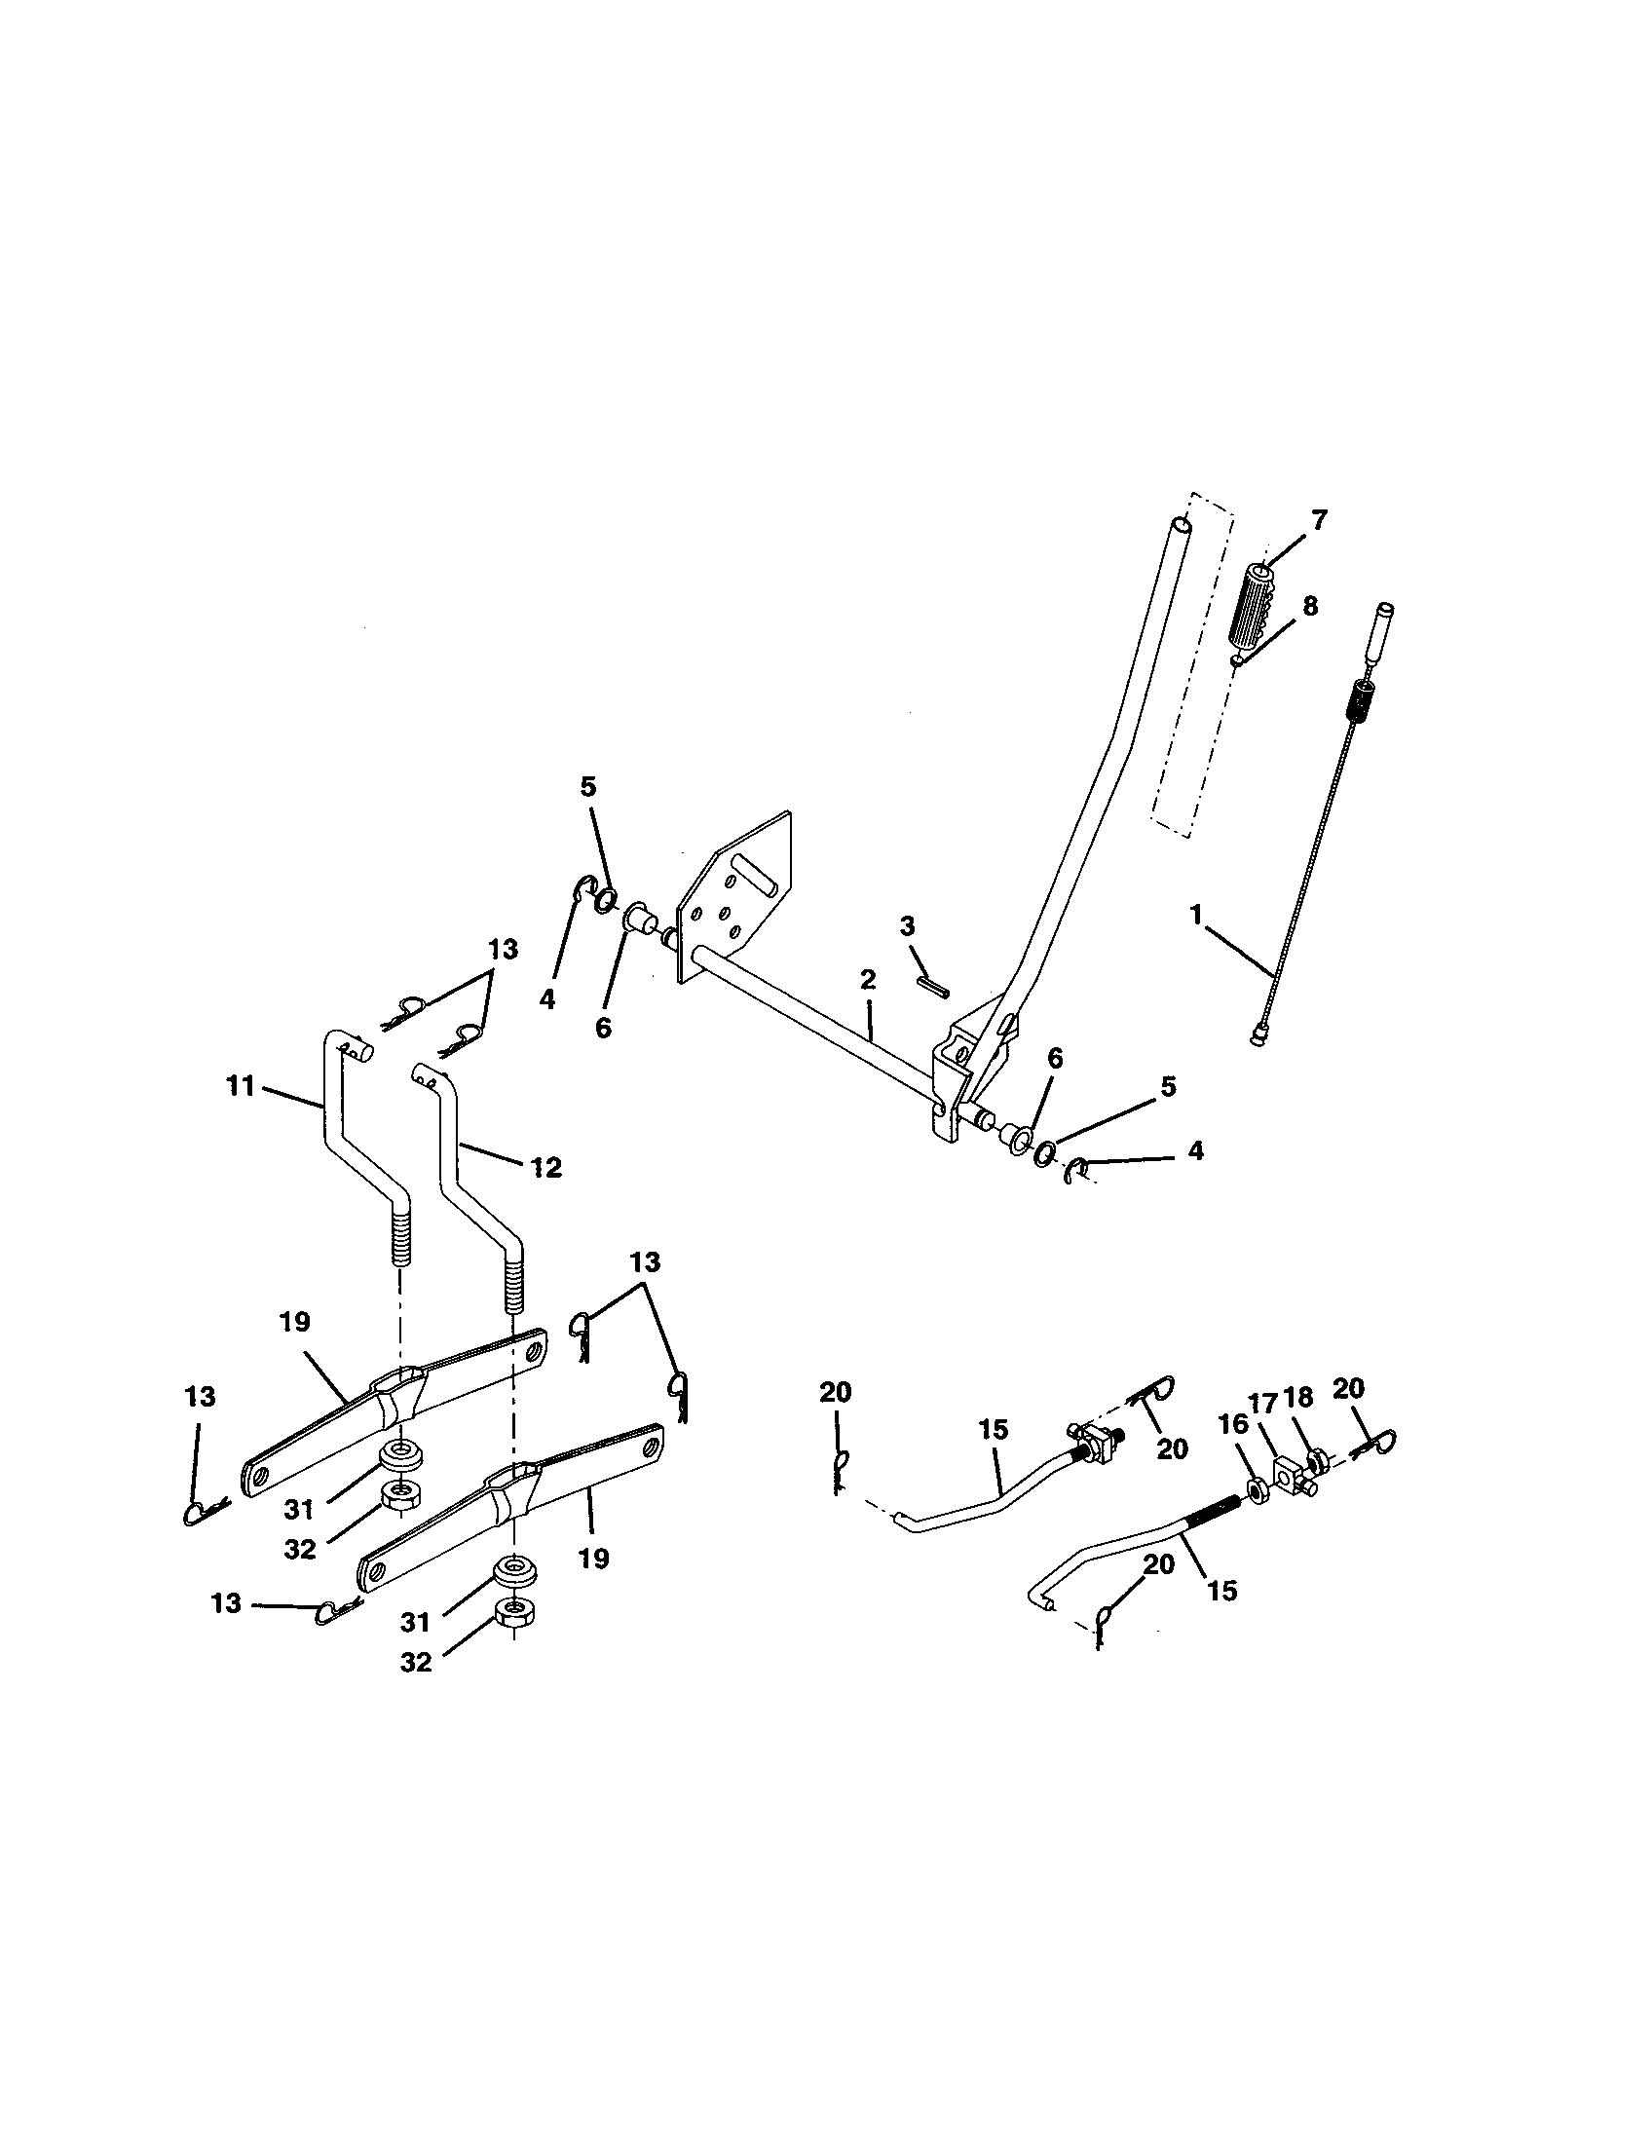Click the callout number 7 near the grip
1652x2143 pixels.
tap(1320, 520)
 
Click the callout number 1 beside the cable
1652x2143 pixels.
tap(1195, 916)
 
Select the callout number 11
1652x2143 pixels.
tap(241, 1086)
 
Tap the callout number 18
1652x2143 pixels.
tap(1298, 1398)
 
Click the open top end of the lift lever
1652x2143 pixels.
tap(1185, 528)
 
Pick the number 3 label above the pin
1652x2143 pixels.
tap(907, 925)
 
